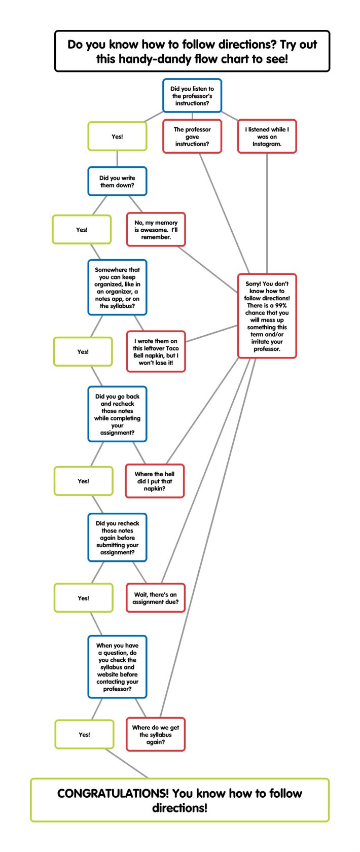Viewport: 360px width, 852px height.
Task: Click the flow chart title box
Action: (x=192, y=51)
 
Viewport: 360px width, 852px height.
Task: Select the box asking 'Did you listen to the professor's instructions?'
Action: (x=192, y=96)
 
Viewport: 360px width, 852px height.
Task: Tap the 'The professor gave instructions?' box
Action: (x=192, y=136)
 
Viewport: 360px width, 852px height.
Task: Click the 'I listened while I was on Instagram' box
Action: (x=267, y=136)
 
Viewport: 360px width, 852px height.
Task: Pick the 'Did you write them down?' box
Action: (x=117, y=182)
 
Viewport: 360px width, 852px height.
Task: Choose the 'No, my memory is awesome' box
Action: (x=156, y=230)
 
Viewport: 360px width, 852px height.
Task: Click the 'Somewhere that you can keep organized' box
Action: (x=117, y=288)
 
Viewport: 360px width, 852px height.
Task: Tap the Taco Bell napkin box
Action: (x=156, y=351)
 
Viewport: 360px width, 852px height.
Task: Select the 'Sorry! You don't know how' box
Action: (x=267, y=316)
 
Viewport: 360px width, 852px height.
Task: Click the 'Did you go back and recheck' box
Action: (x=117, y=414)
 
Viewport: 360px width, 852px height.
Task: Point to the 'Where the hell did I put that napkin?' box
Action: (x=155, y=481)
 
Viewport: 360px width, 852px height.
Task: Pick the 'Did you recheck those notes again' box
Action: (x=117, y=538)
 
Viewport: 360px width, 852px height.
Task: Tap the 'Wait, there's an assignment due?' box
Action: (x=156, y=598)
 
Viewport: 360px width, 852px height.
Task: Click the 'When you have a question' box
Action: (x=117, y=667)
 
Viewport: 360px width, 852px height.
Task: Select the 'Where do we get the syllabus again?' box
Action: (x=156, y=734)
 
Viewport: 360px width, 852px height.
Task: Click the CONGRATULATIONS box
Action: (x=180, y=800)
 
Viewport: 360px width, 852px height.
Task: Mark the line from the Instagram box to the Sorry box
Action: (x=267, y=214)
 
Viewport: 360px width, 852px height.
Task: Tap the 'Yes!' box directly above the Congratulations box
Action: (x=84, y=734)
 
